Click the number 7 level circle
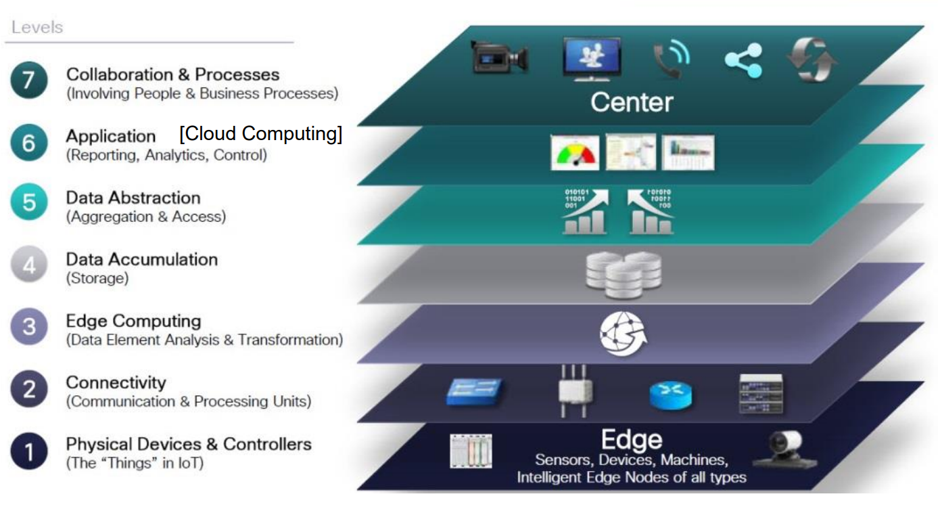click(x=29, y=82)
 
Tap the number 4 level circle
click(x=29, y=266)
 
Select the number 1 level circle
click(x=29, y=451)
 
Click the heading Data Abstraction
click(x=133, y=198)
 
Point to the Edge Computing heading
click(x=133, y=321)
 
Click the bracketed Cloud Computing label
click(x=261, y=134)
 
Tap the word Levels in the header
click(x=37, y=28)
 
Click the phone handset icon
click(x=669, y=60)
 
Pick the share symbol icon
click(x=743, y=61)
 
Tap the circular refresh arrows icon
click(x=812, y=60)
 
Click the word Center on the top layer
click(x=632, y=103)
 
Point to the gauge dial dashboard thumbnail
click(x=575, y=153)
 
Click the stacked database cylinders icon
click(x=623, y=274)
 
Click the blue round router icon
click(x=671, y=395)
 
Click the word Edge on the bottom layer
click(x=632, y=440)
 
